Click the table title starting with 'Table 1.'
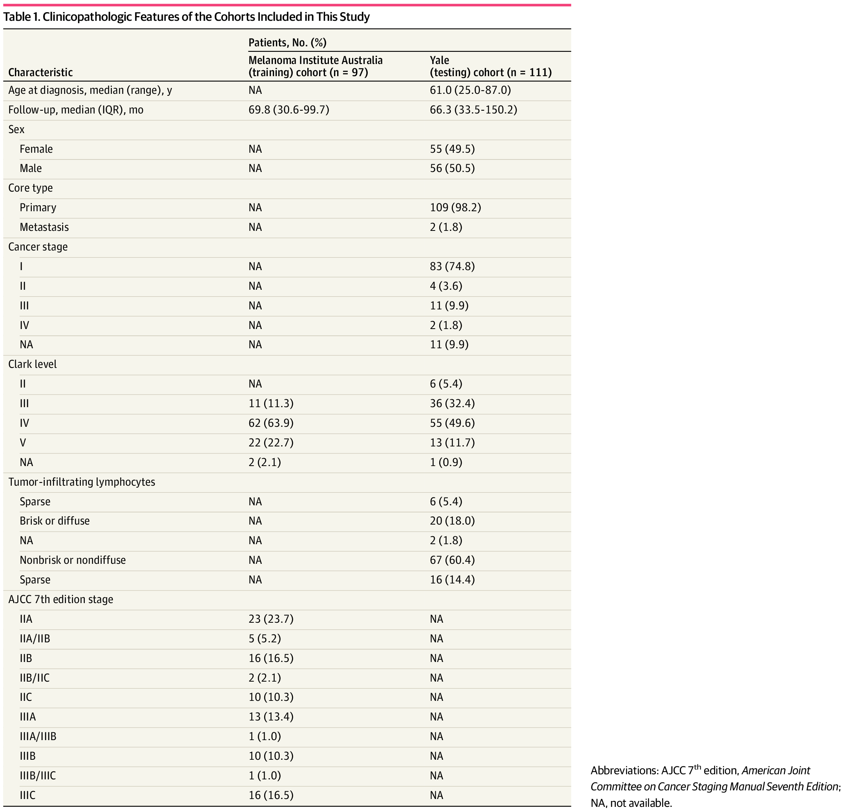click(186, 17)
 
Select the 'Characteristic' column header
click(40, 72)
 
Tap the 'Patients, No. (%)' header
click(287, 42)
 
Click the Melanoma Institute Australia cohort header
click(315, 66)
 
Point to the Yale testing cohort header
click(490, 66)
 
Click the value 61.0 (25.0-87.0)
click(470, 90)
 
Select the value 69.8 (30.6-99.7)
click(288, 110)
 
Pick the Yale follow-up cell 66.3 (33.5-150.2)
click(473, 110)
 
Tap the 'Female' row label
click(36, 149)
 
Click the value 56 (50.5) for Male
click(452, 168)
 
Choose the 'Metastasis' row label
click(44, 227)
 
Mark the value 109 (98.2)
click(455, 208)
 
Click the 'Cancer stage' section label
click(38, 247)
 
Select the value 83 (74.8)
click(452, 267)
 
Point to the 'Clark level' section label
click(32, 364)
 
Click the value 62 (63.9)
click(271, 423)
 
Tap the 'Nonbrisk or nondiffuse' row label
click(73, 560)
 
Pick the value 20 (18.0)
click(452, 521)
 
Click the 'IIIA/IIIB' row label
click(38, 737)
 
